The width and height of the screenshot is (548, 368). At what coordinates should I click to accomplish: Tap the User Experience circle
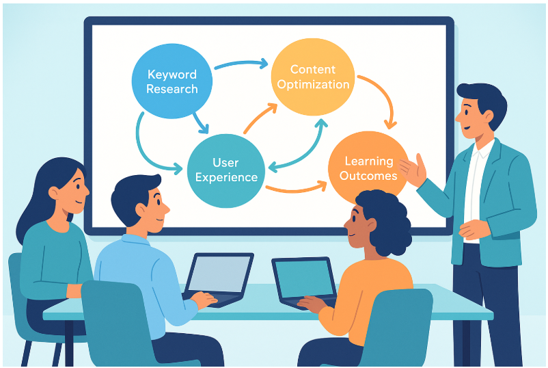(x=226, y=169)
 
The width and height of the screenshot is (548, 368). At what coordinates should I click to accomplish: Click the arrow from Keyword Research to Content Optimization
(x=241, y=64)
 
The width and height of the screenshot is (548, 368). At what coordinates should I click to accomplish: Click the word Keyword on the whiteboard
(x=172, y=74)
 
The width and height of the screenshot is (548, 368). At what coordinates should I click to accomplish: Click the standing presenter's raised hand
(x=415, y=168)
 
